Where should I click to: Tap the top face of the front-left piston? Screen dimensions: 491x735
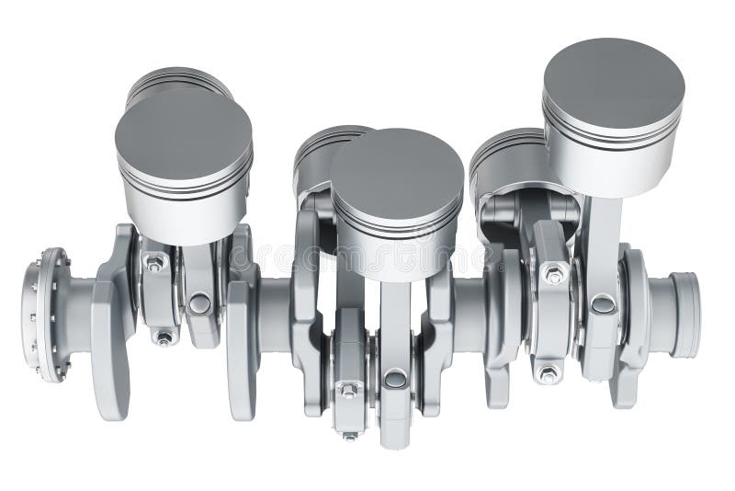pos(183,133)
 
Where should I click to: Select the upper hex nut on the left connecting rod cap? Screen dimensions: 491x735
pos(155,263)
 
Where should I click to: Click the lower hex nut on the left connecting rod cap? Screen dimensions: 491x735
pos(164,338)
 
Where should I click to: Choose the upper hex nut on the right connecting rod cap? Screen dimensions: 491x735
pos(554,274)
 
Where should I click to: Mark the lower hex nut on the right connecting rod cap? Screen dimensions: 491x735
pos(548,373)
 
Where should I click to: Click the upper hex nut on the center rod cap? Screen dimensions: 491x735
pos(349,390)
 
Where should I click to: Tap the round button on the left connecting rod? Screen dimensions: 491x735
pos(199,303)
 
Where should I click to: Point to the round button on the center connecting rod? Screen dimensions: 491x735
pos(395,378)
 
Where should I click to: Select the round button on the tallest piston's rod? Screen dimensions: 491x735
pos(603,303)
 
